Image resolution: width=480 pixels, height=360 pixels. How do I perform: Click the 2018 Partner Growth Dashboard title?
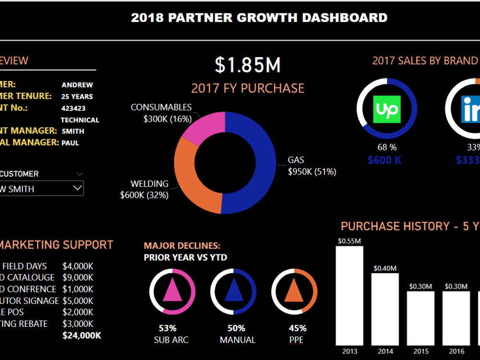click(x=259, y=18)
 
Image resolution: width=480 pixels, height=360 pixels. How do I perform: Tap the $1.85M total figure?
click(x=247, y=65)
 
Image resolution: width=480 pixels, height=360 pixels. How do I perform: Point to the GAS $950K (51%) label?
click(x=312, y=166)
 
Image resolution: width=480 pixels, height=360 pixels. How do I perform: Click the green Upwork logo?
click(x=386, y=109)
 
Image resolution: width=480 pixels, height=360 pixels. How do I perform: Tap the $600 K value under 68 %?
click(x=384, y=160)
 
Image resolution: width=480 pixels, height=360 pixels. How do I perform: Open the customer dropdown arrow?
click(x=77, y=188)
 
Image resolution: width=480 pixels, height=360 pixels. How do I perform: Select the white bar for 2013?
click(x=349, y=295)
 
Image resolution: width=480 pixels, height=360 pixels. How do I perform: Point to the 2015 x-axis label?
click(x=421, y=351)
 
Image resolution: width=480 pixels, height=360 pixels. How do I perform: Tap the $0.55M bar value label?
click(x=349, y=241)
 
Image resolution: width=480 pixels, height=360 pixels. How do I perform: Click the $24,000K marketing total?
click(x=82, y=336)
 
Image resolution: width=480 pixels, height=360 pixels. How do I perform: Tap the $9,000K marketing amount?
click(x=78, y=277)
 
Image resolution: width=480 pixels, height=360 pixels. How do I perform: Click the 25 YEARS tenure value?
click(x=77, y=96)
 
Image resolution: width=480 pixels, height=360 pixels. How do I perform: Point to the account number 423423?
click(x=73, y=108)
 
